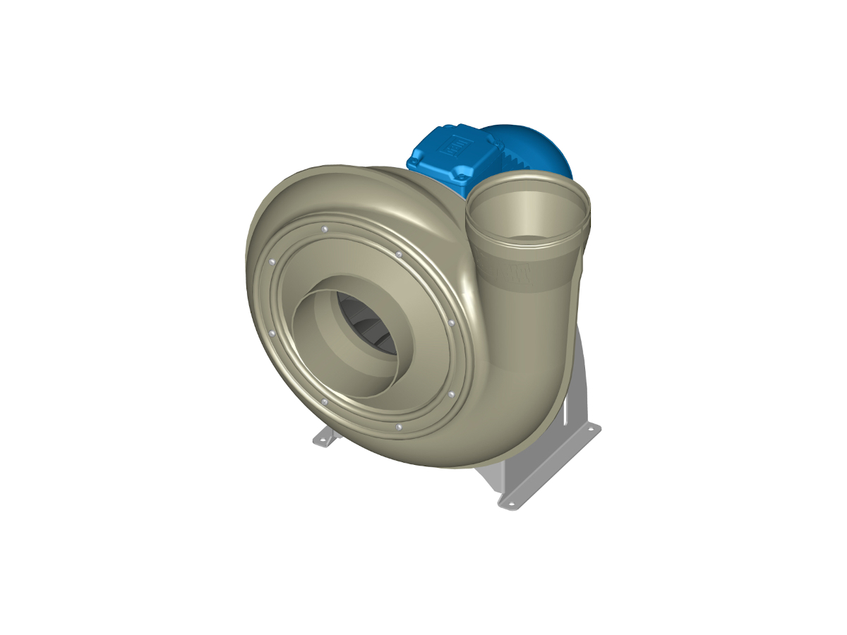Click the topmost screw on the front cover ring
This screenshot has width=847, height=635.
pos(323,230)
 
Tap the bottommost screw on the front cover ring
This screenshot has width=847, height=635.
pos(399,427)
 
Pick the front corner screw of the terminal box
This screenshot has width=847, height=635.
pos(459,173)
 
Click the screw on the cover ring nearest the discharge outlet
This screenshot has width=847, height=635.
pos(399,254)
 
